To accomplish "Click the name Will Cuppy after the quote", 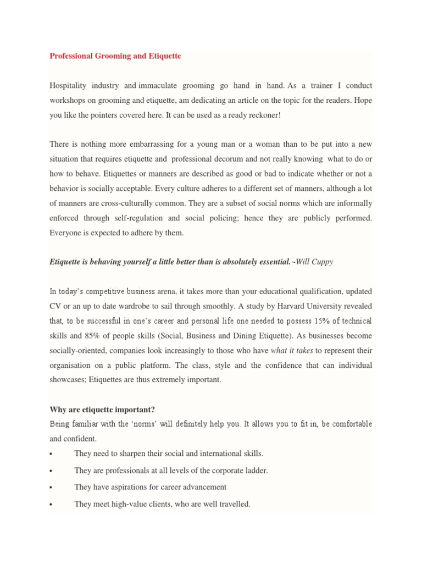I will tap(314, 262).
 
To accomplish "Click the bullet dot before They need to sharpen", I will tap(51, 454).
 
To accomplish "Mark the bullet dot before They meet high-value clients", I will tap(51, 504).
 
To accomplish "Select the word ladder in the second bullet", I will tap(256, 471).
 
